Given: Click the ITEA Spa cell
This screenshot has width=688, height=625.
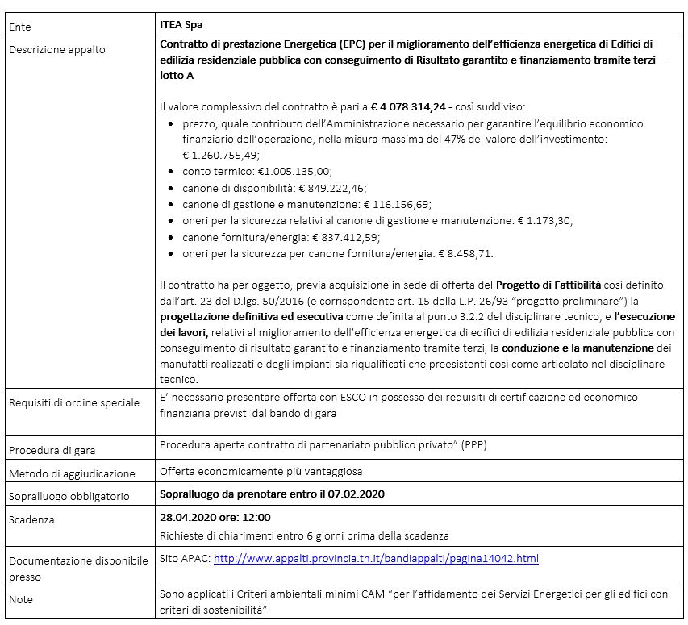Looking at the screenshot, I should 181,26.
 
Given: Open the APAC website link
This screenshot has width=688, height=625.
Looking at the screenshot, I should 375,558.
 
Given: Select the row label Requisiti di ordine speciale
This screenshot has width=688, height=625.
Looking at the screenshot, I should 74,402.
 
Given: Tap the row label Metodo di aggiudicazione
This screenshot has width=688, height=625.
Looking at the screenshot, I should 72,473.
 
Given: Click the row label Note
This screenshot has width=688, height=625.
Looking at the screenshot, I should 22,601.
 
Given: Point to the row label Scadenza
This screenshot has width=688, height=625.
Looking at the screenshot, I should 31,520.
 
